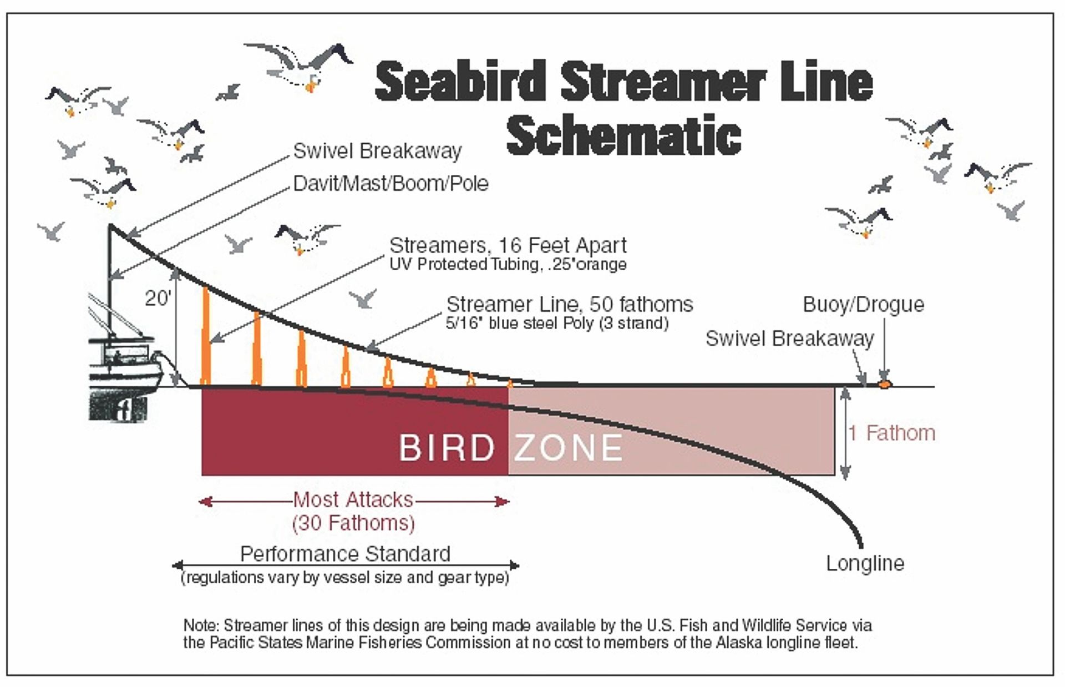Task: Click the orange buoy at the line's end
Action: point(884,382)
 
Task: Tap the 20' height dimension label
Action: point(158,299)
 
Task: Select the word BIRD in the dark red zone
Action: point(447,447)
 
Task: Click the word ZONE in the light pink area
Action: point(568,447)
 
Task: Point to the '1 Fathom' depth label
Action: point(892,433)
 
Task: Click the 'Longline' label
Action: point(865,563)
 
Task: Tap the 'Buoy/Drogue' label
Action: point(863,305)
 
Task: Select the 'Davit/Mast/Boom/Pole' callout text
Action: point(390,184)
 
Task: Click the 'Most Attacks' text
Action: point(353,499)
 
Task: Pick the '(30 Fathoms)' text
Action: point(353,523)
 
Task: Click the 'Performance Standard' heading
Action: point(345,554)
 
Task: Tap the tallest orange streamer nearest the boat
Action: point(206,335)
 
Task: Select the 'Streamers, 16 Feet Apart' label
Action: point(508,245)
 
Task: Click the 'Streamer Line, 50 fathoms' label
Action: point(570,304)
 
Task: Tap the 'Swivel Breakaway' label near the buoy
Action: point(789,339)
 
